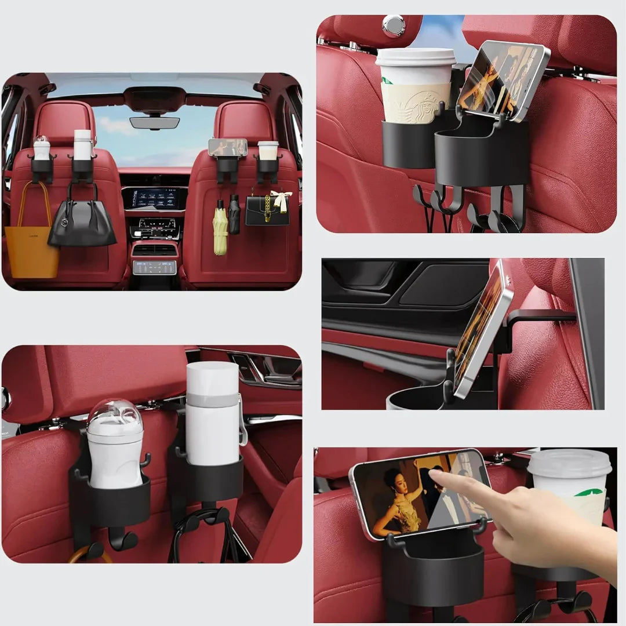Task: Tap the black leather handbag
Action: [82, 223]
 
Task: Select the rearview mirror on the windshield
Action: [154, 122]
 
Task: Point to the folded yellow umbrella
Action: [220, 229]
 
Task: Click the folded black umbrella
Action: [234, 216]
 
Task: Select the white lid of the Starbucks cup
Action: [416, 57]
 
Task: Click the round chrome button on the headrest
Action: [394, 26]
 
